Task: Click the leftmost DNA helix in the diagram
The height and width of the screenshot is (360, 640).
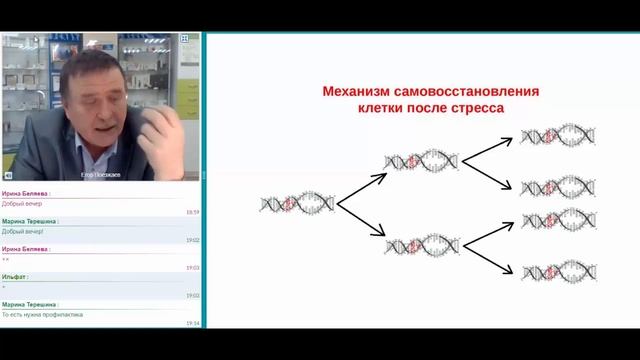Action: click(x=297, y=203)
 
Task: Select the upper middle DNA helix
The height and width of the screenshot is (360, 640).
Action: click(x=422, y=160)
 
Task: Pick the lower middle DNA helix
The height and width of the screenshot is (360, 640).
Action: click(x=422, y=246)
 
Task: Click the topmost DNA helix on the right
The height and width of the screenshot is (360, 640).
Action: click(x=558, y=135)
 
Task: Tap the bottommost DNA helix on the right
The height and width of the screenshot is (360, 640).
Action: click(x=558, y=270)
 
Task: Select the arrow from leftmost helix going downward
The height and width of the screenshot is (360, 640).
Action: click(x=360, y=223)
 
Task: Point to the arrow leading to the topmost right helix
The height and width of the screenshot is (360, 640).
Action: click(x=490, y=146)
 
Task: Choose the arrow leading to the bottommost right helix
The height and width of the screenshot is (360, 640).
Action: click(x=490, y=259)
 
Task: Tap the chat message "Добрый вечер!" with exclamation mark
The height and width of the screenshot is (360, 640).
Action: click(x=23, y=231)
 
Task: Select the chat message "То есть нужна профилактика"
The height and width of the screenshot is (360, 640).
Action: click(x=43, y=314)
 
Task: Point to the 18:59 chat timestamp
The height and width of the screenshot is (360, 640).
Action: click(x=192, y=212)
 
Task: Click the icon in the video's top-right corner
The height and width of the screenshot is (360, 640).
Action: click(x=184, y=38)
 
